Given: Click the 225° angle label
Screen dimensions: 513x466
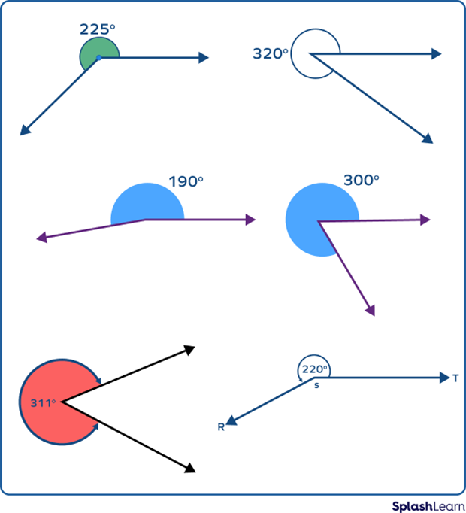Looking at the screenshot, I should click(x=98, y=29).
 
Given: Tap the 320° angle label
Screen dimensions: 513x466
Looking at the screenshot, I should click(x=271, y=54).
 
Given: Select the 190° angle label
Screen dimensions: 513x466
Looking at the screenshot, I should click(x=186, y=181).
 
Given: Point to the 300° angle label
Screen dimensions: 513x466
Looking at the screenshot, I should click(x=361, y=181).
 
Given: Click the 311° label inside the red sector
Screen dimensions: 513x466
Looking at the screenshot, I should click(x=43, y=403).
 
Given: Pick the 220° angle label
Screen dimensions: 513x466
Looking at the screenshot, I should click(x=314, y=369).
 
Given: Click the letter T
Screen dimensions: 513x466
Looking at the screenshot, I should click(x=455, y=378).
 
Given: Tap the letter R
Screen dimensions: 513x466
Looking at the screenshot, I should click(x=221, y=427).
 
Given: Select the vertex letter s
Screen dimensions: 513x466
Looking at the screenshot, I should click(x=316, y=385).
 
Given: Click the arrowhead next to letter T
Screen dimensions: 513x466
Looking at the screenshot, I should click(x=443, y=378).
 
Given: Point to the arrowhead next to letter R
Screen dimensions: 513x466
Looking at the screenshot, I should click(x=231, y=422).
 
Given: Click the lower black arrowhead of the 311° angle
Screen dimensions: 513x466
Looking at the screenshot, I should click(x=190, y=468).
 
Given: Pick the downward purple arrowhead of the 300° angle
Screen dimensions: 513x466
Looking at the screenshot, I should click(x=369, y=310).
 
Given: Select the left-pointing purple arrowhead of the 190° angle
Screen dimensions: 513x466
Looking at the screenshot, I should click(x=41, y=238).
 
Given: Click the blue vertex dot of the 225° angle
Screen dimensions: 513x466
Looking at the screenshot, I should click(x=99, y=57).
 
